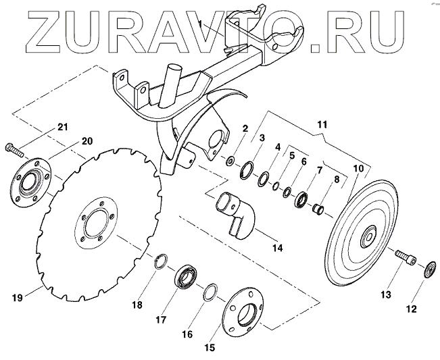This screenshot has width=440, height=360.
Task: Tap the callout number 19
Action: (18, 296)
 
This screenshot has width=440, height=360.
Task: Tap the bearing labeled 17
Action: (185, 278)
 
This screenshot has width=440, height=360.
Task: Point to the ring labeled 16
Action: (210, 291)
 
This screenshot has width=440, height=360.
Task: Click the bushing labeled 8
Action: (317, 207)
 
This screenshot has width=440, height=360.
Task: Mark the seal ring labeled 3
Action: (247, 169)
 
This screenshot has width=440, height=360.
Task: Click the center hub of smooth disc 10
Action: (368, 237)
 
